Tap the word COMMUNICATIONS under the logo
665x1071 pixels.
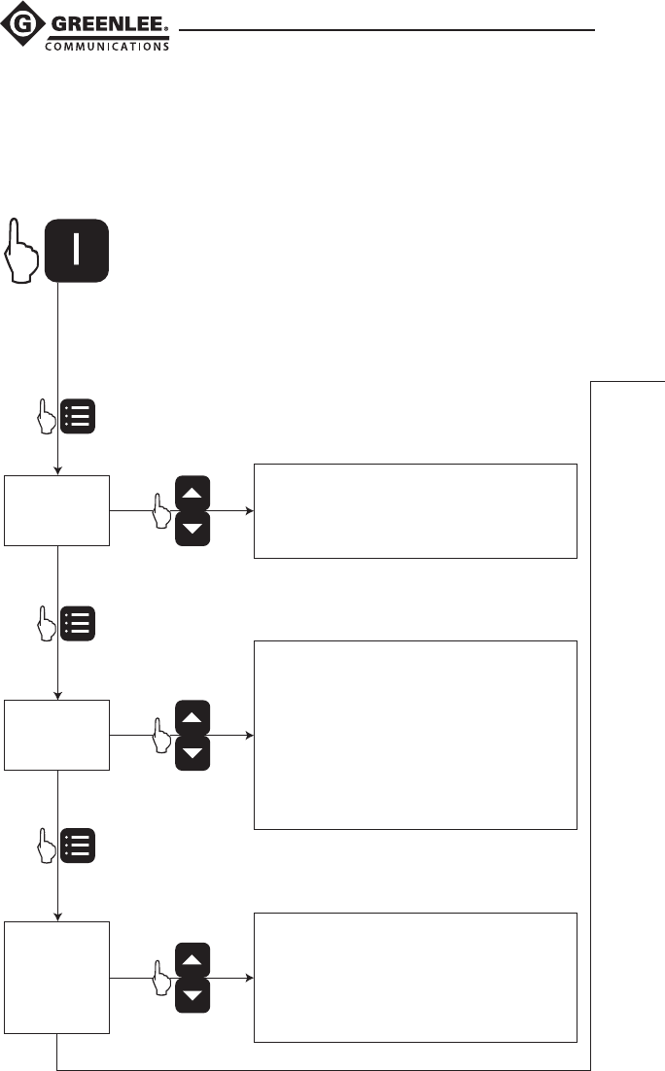pyautogui.click(x=108, y=44)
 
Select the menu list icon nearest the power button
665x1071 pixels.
pyautogui.click(x=79, y=416)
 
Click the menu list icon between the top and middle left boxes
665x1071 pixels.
pyautogui.click(x=79, y=623)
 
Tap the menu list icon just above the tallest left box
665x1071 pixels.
pyautogui.click(x=79, y=845)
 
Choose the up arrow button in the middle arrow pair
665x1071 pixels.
pyautogui.click(x=192, y=718)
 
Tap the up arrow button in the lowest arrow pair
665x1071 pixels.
pyautogui.click(x=192, y=959)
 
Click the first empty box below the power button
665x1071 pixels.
pyautogui.click(x=57, y=510)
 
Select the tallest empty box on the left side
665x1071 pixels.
pyautogui.click(x=57, y=978)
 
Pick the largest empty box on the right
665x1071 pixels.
pyautogui.click(x=415, y=735)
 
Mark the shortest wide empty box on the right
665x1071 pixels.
pyautogui.click(x=415, y=511)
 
